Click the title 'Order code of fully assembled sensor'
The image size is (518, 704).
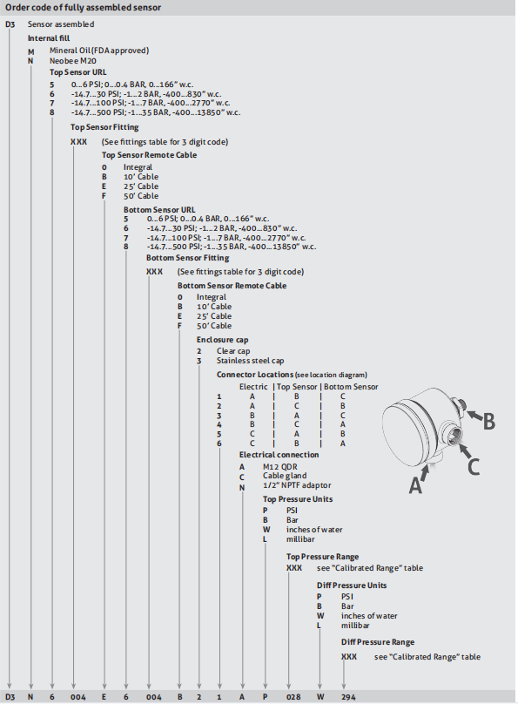tap(83, 8)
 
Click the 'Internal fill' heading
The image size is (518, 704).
tap(49, 38)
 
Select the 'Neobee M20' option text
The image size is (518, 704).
tap(72, 61)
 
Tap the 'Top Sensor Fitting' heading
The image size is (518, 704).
tap(104, 127)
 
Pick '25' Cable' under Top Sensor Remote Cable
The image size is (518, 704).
tap(141, 186)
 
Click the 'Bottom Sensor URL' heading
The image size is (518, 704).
tap(159, 210)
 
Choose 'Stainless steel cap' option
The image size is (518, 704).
tap(250, 361)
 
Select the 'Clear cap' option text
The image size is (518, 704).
tap(233, 351)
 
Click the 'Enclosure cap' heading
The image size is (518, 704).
tap(223, 340)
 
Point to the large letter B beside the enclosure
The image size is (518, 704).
tap(488, 421)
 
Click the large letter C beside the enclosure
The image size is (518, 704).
tap(473, 466)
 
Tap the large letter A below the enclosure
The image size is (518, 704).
tap(415, 485)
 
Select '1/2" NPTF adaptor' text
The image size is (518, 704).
tap(297, 485)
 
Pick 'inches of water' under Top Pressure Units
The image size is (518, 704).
tap(314, 530)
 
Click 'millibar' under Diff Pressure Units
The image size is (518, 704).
tap(355, 626)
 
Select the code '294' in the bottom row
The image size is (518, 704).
tap(348, 697)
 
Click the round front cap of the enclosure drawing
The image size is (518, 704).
tap(409, 434)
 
